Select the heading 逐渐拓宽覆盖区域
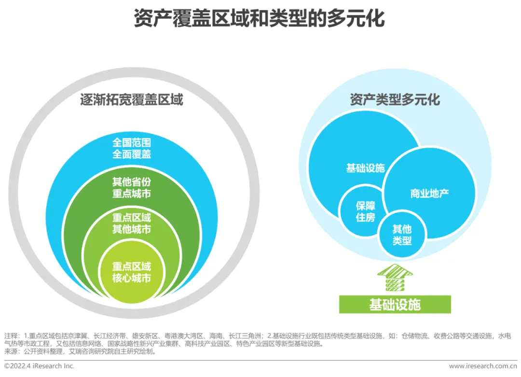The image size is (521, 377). pos(131,100)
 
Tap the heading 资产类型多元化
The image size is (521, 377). pos(395,99)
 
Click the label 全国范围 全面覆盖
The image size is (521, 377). pos(132,148)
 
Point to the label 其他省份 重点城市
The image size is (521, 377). pos(132,188)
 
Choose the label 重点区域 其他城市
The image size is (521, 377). pos(132,223)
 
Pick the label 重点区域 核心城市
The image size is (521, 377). pos(132,272)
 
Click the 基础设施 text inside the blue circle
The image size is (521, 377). pos(365,168)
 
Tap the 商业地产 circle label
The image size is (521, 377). pos(429,194)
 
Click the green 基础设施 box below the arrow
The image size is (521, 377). pos(395,305)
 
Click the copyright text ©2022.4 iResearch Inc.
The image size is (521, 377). pos(40,366)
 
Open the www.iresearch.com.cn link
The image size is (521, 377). pos(482,366)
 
